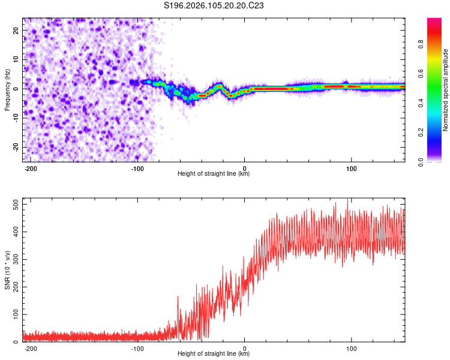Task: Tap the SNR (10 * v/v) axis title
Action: click(7, 270)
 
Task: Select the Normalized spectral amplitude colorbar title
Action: click(445, 90)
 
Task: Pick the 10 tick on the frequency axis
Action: click(16, 59)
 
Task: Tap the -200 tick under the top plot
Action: click(31, 168)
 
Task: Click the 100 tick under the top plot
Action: click(351, 168)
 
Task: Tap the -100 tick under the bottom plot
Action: click(137, 348)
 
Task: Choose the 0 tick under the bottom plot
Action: click(244, 348)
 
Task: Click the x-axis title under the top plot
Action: click(214, 174)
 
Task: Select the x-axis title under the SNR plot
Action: click(214, 354)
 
